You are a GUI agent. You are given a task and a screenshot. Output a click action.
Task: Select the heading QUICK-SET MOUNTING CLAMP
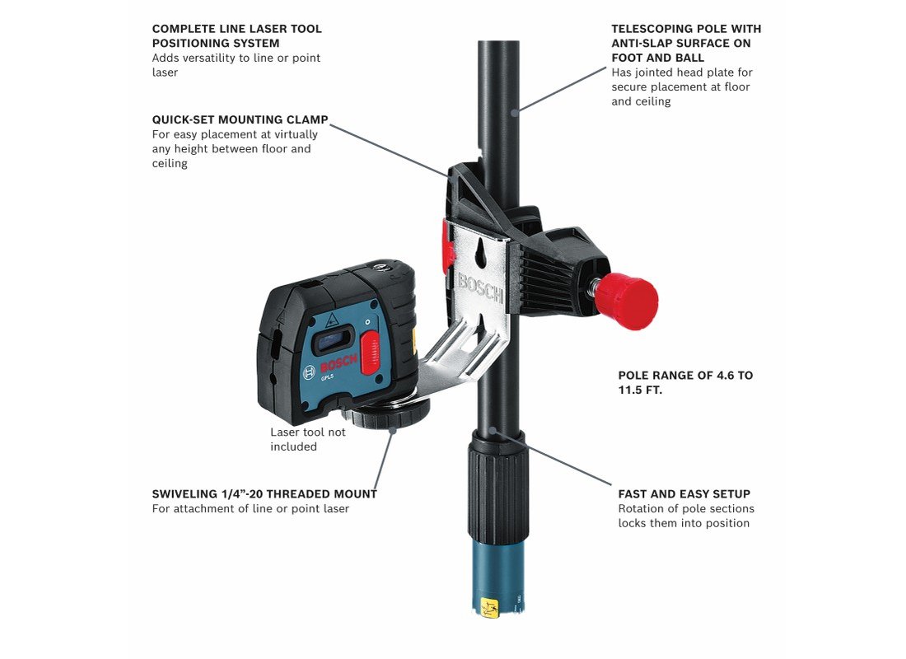[240, 119]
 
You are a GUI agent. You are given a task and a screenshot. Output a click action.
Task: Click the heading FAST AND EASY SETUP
[684, 494]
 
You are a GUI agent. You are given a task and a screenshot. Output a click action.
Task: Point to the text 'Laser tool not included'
[307, 439]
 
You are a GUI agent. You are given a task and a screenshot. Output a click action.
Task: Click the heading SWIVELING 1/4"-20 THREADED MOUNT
[264, 494]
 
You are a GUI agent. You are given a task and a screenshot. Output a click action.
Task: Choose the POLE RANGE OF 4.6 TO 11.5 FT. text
[685, 383]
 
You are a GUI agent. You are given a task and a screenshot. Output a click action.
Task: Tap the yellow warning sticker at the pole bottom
[490, 608]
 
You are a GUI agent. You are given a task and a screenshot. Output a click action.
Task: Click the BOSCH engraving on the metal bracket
[481, 288]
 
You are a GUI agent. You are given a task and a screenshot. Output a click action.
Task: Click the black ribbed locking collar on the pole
[498, 484]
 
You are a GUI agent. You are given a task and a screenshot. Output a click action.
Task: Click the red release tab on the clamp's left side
[447, 245]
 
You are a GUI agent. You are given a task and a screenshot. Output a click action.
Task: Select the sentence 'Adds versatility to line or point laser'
[236, 65]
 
